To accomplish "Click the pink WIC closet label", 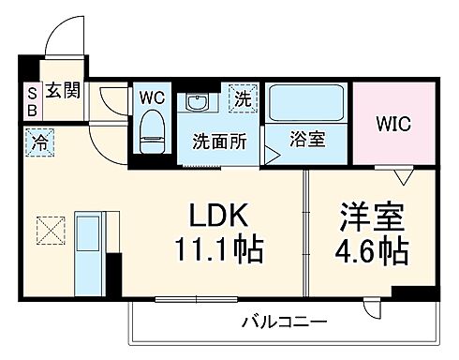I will coord(393,123).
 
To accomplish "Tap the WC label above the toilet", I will coord(153,97).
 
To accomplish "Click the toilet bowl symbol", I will coord(151,131).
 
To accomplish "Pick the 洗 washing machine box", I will coord(243,97).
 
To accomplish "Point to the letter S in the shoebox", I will coord(30,92).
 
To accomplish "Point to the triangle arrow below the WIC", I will coord(404,175).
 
